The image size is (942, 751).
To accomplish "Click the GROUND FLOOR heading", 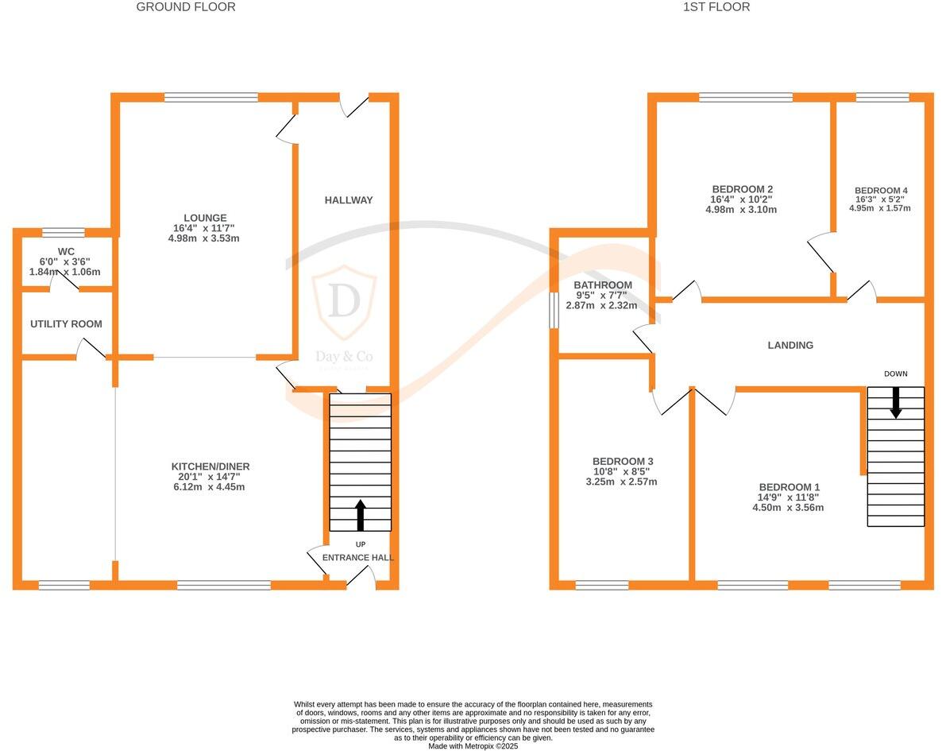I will pos(186,7).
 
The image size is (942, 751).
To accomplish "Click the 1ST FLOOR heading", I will pos(716,7).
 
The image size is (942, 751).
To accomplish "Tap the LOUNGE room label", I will pos(205,218).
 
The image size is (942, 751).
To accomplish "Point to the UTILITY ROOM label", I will pos(66,324).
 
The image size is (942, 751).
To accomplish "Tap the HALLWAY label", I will pos(348,200).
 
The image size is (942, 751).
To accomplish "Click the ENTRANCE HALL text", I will pos(357,558).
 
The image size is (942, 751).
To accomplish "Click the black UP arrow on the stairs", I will pos(360,514).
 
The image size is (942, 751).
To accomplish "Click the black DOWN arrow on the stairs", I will pos(896,402).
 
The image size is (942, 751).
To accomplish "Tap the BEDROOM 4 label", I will pos(880,191).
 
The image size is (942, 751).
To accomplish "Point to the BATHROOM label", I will pos(604,285).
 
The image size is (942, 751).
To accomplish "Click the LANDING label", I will pos(790,345).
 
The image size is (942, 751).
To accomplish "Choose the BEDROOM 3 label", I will pos(622,462).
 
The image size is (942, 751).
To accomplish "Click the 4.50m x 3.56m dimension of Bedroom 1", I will pos(788,507).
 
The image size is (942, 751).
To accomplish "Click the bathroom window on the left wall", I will pos(554,310).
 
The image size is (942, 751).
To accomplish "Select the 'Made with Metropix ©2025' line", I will pos(473,746).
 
